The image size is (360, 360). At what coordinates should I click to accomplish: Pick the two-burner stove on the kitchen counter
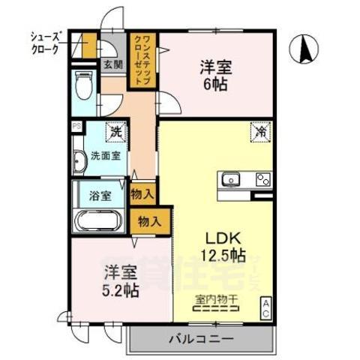pyautogui.click(x=262, y=178)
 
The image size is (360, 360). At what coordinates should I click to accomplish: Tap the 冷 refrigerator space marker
pyautogui.click(x=259, y=130)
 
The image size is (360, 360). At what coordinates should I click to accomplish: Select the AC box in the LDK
pyautogui.click(x=265, y=307)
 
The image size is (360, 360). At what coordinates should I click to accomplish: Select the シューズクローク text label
pyautogui.click(x=44, y=43)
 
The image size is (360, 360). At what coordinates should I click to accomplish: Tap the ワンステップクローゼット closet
pyautogui.click(x=143, y=61)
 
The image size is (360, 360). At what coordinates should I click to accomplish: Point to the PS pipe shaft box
pyautogui.click(x=76, y=126)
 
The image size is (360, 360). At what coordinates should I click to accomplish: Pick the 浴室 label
pyautogui.click(x=100, y=196)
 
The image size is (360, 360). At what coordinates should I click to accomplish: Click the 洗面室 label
pyautogui.click(x=106, y=157)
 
